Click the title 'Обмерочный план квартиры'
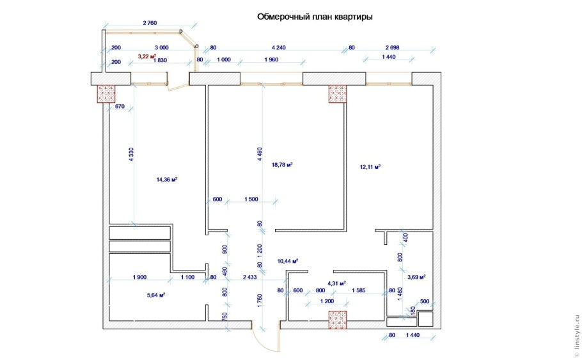pos(315,17)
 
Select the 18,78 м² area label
pos(282,164)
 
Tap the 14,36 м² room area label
pos(166,180)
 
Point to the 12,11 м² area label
pos(370,167)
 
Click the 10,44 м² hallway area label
pos(288,261)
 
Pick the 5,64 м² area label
pos(155,295)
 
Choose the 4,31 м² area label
pos(336,283)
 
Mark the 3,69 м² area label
pos(416,277)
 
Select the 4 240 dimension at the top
pos(279,47)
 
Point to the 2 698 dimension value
pos(394,47)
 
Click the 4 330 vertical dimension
pos(130,155)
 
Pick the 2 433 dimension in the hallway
pos(250,278)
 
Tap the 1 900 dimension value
pos(140,278)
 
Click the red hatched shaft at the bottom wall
pos(337,319)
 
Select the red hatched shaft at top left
pos(106,94)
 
